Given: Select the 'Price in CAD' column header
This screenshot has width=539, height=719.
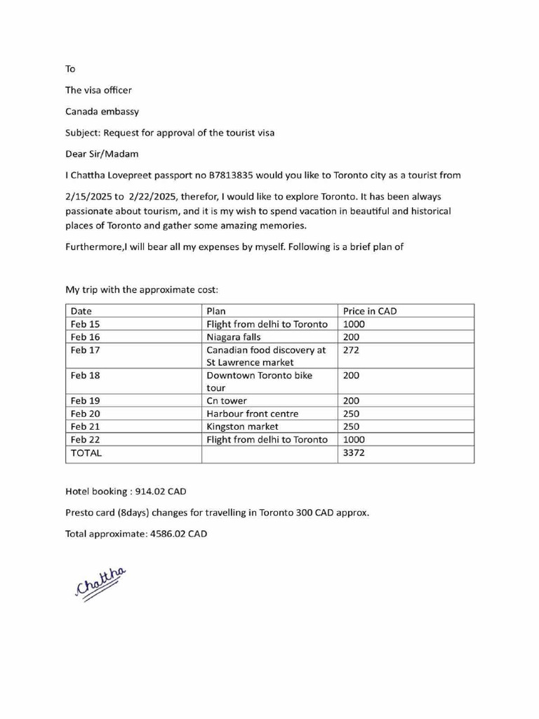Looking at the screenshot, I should coord(370,311).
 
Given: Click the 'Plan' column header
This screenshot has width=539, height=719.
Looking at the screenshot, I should coord(216,311).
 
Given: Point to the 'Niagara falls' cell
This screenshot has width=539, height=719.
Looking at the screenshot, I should coord(234,337).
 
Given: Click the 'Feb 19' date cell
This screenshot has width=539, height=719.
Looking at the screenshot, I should coord(86,401).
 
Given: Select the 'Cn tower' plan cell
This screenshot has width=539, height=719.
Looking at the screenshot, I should coord(227,401).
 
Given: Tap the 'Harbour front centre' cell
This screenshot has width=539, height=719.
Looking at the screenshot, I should coord(252,414).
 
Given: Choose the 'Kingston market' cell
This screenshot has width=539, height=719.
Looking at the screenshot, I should coord(242,426).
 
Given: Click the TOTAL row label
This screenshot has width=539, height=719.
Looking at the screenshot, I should coord(86,453).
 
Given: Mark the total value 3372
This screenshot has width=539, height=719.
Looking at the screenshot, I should coord(354,453).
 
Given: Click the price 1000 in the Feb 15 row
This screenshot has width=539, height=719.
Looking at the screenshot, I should coord(354,324).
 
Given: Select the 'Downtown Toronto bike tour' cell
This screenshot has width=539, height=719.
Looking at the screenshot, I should coord(259,381).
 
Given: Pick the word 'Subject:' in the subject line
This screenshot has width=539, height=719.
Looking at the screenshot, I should coord(83,133).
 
